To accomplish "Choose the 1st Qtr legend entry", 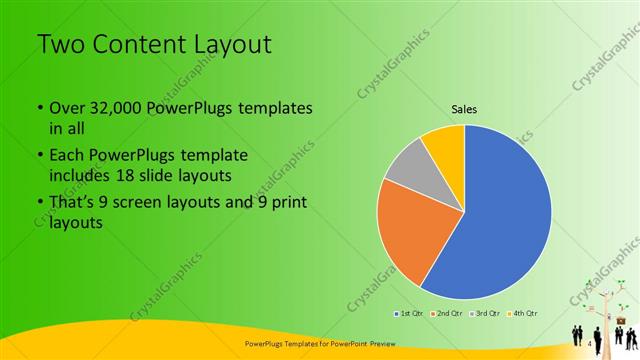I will (408, 314).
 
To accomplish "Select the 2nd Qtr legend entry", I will (446, 314).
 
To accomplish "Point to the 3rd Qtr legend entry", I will (485, 314).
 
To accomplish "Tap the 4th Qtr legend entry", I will (523, 314).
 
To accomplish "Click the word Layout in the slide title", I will (228, 44).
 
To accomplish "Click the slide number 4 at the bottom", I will (590, 345).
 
